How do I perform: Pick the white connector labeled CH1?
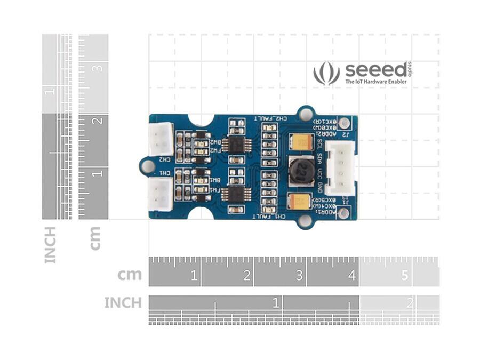[160, 194]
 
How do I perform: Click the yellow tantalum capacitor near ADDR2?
[301, 142]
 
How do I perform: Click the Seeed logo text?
[375, 70]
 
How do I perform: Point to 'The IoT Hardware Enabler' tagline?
[375, 82]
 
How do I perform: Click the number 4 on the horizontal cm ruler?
[352, 276]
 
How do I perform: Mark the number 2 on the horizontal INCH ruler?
[410, 303]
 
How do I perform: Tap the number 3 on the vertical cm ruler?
[98, 68]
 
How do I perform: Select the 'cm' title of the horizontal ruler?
[130, 275]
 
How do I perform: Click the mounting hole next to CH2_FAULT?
[306, 114]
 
